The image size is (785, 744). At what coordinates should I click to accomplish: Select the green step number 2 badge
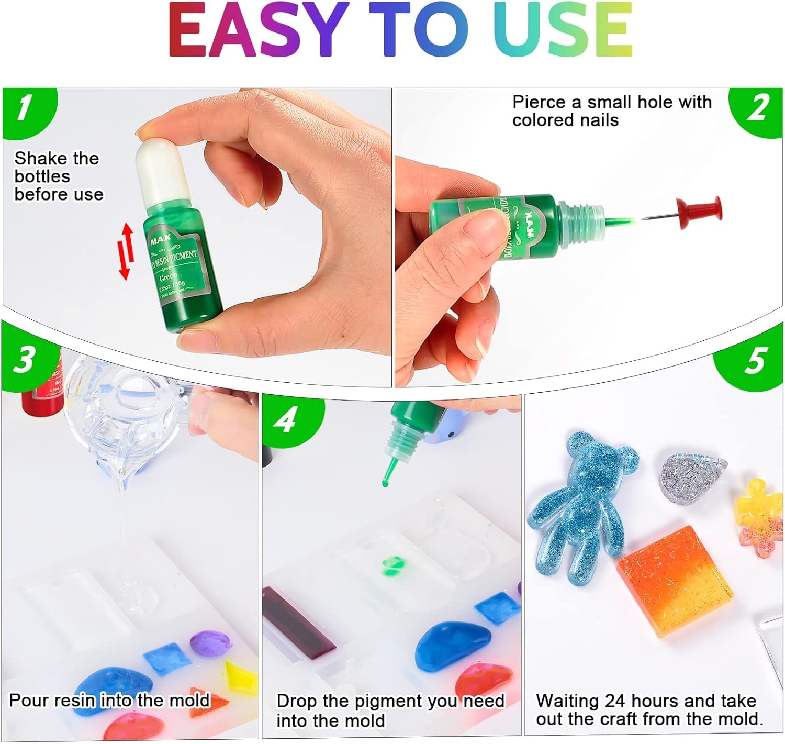tap(758, 108)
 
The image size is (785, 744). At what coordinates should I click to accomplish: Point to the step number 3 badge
tap(24, 360)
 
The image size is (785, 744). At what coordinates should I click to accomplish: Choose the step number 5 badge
tap(755, 361)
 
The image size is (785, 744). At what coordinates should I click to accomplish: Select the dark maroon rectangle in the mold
tap(298, 620)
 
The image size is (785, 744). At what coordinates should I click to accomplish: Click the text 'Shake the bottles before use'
tap(58, 176)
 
